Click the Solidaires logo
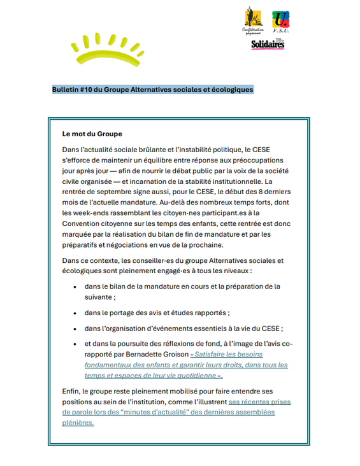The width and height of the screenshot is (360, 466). pos(268,45)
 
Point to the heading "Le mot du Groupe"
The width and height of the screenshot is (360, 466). pos(92,134)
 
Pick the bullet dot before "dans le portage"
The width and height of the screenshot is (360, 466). pos(76,313)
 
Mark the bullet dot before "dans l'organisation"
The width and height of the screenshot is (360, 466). pos(76,328)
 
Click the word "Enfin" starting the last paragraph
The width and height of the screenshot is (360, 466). pos(71,391)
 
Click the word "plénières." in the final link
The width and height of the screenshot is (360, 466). pos(78,422)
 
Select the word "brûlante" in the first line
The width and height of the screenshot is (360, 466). pos(151,149)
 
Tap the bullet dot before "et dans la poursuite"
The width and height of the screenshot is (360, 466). pos(76,344)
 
